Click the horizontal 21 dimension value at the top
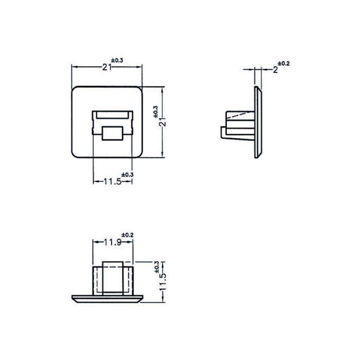(x=107, y=67)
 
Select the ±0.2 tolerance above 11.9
(x=128, y=235)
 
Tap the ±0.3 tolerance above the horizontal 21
(x=117, y=60)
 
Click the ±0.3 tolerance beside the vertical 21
(x=156, y=111)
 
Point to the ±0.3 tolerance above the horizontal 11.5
(x=128, y=175)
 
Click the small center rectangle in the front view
(x=112, y=133)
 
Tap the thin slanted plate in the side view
(x=257, y=121)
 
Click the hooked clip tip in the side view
(x=223, y=132)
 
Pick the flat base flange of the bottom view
(x=108, y=298)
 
